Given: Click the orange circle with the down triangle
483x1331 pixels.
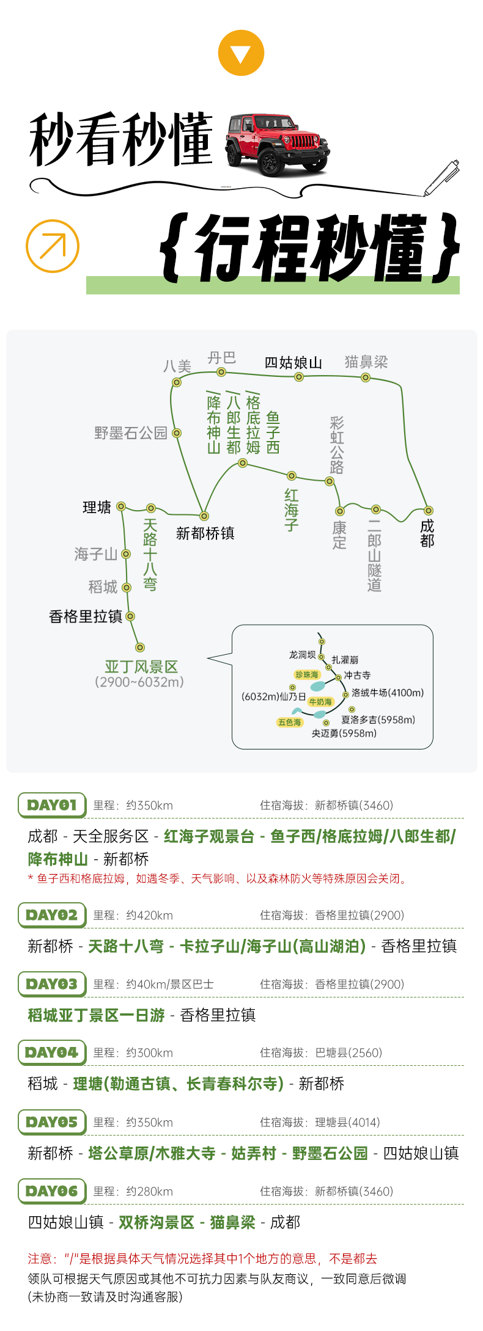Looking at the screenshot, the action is point(241,53).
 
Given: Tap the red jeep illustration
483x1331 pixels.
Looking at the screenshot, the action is point(277,144).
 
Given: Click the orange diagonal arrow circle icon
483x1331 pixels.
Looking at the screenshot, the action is point(53,246).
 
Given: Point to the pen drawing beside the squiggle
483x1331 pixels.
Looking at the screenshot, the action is point(441,178).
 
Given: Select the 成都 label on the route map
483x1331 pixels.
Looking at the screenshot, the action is point(427,533).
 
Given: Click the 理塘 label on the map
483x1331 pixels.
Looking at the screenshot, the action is point(97,507).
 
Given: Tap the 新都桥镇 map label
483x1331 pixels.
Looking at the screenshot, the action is point(205,533).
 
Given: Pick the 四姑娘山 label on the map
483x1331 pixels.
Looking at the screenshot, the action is point(293,363).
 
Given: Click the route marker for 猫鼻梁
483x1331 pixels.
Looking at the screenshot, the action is point(366,377).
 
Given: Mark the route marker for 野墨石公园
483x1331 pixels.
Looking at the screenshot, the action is point(177,433).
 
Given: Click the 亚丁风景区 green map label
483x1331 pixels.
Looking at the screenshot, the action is point(141,666).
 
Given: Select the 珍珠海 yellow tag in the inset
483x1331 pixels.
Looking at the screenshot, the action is point(307,674).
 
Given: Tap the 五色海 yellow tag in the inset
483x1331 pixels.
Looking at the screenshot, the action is point(290,722).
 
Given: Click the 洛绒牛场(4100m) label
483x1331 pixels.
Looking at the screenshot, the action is point(388,693).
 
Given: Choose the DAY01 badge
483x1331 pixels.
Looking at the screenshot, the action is point(52,805).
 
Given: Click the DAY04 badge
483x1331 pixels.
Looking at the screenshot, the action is point(52,1052).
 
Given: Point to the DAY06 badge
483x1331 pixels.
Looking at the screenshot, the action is point(52,1191).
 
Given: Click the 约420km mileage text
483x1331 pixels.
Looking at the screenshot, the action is point(150,915).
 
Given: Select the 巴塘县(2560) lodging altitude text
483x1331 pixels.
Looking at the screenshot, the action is point(348,1052).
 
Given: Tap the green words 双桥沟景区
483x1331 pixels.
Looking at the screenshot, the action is point(157,1222).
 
